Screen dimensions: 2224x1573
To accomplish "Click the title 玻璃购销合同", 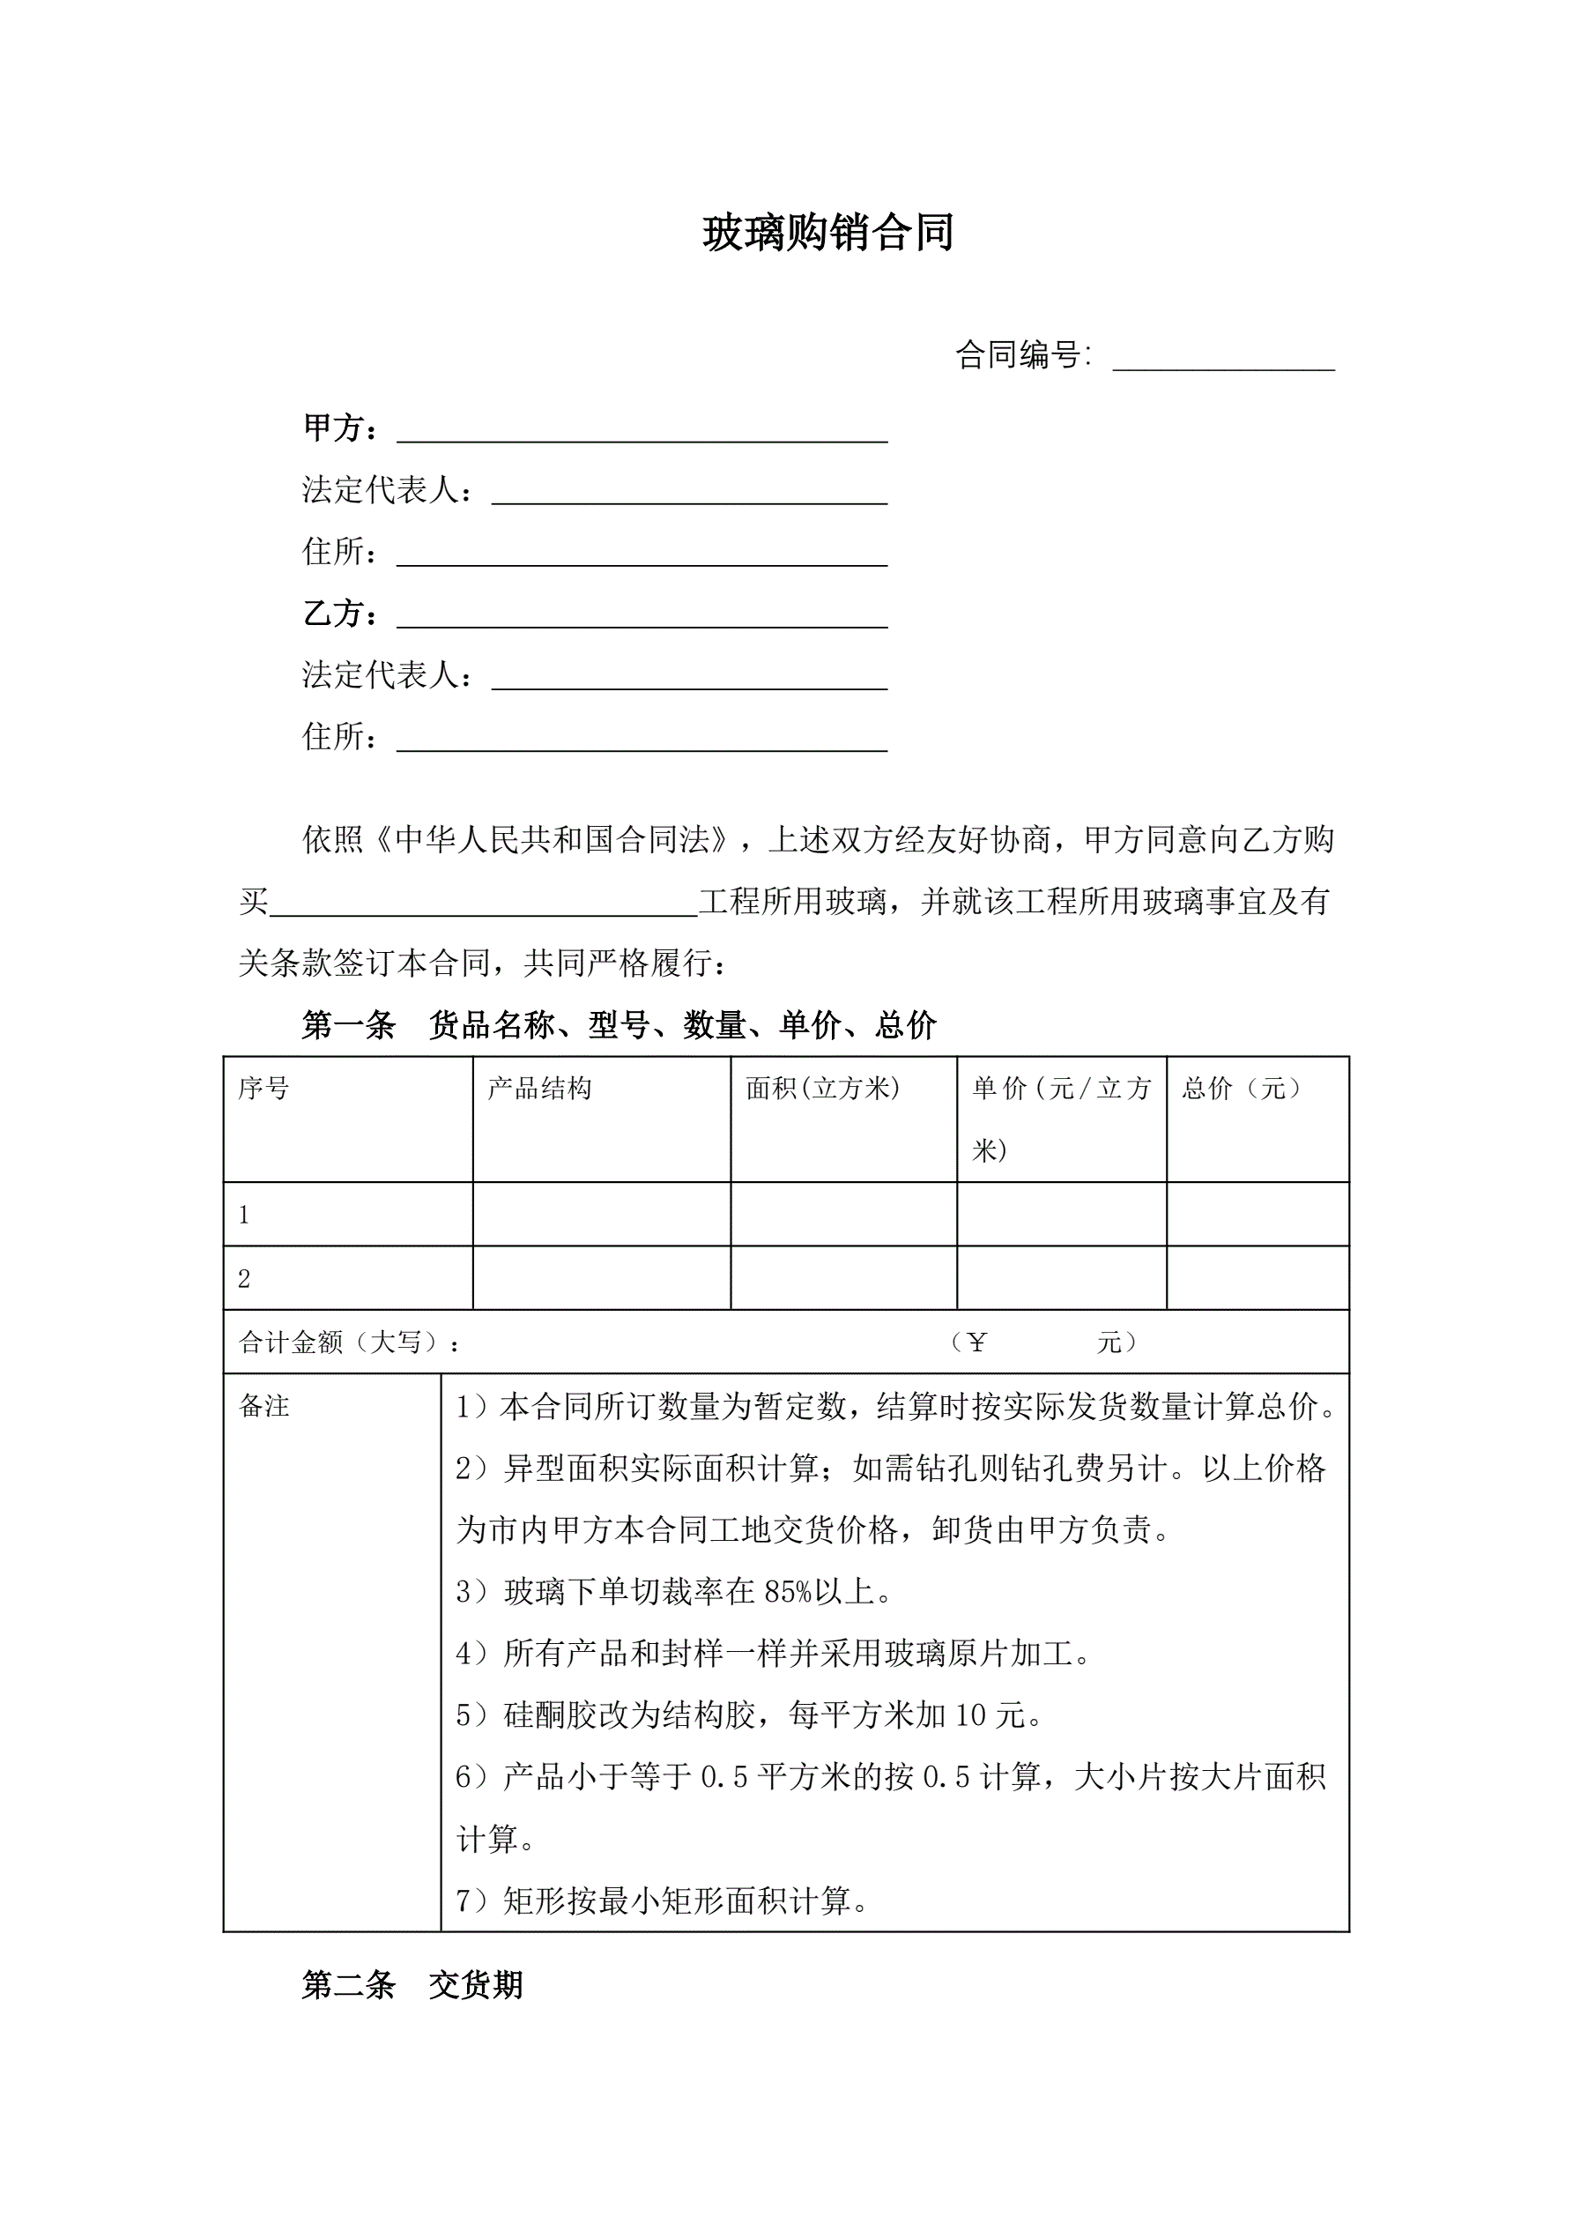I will point(828,234).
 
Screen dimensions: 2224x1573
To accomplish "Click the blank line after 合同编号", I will point(1223,360).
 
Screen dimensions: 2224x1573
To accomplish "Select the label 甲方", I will point(339,428).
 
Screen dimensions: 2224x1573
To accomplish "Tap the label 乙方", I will point(339,614).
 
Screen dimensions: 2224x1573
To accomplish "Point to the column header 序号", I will point(263,1089).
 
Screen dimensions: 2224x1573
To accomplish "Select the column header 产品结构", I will point(539,1089).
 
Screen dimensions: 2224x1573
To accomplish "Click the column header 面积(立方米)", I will point(822,1089).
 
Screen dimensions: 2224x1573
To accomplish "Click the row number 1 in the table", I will point(244,1215).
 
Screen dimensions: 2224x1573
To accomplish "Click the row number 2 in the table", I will point(244,1279).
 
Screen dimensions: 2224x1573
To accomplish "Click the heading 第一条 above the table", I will point(349,1025).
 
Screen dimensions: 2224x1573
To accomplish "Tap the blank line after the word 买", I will point(485,904).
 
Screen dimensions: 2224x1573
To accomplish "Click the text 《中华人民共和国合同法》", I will point(553,840).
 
